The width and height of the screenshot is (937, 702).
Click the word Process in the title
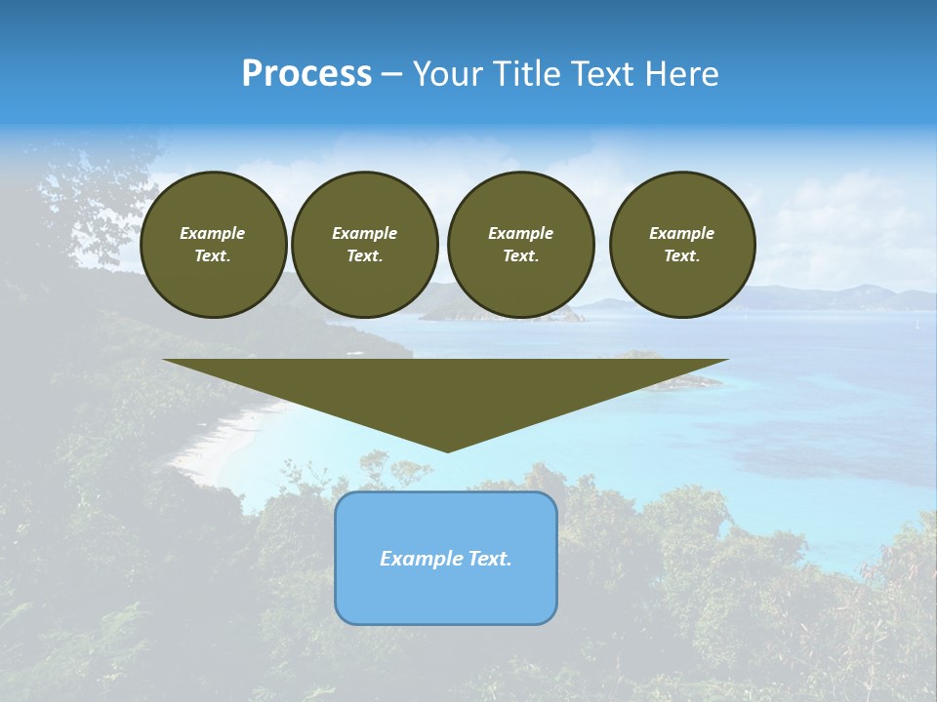point(306,74)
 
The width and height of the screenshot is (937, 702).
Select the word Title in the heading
point(528,74)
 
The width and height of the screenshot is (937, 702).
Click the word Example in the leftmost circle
point(212,233)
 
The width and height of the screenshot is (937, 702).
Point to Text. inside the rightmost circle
point(681,256)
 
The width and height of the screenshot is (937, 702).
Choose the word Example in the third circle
point(520,233)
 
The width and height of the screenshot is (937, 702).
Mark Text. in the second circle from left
point(364,256)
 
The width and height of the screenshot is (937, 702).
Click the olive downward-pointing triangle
point(446,390)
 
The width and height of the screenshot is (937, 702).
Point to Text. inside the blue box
point(490,559)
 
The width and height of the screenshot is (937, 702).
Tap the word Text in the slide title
point(605,74)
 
